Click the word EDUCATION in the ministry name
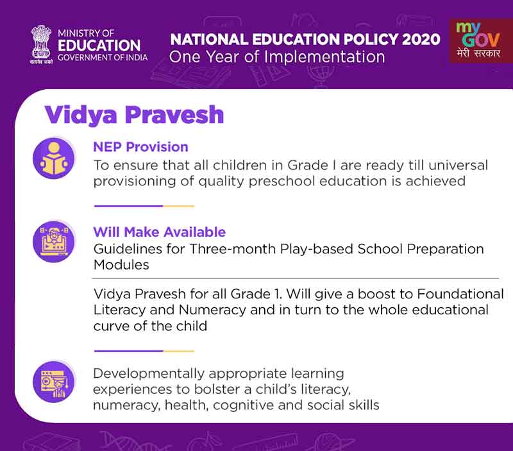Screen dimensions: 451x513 click(99, 46)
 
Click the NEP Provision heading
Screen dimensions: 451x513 click(140, 147)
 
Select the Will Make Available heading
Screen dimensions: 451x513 click(159, 232)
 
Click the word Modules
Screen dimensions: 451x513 click(121, 264)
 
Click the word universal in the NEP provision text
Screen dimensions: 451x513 click(457, 165)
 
